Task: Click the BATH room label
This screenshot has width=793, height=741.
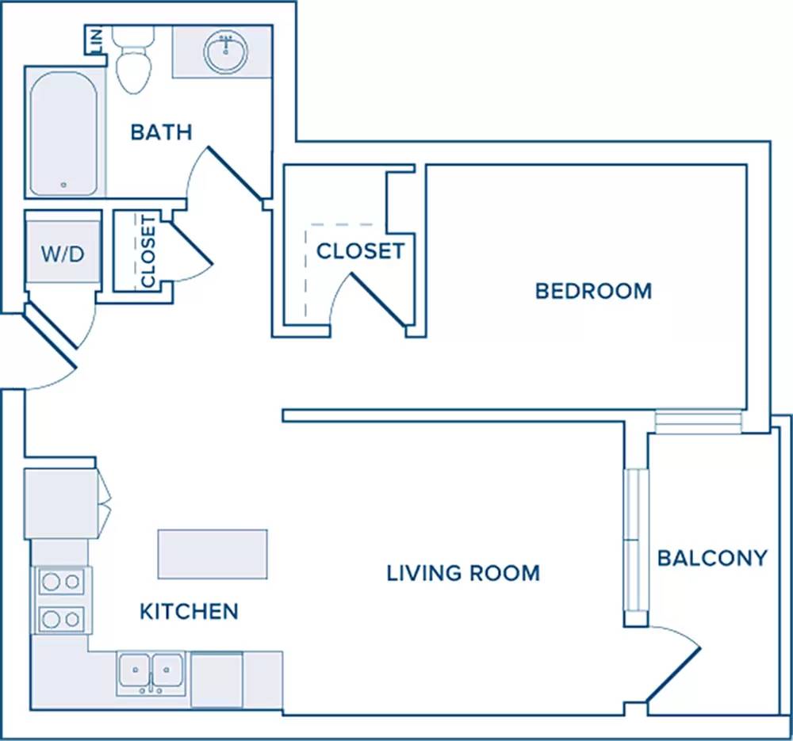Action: coord(161,132)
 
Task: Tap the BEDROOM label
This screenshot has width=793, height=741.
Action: coord(594,291)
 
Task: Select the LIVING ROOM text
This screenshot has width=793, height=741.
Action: coord(463,573)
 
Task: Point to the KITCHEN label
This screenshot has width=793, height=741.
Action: coord(189,612)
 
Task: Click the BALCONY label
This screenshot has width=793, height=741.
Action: coord(712,558)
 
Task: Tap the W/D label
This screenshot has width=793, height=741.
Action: coord(63,254)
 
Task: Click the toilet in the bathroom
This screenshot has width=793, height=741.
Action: coord(133,59)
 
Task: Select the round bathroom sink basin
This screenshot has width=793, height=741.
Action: coord(226,50)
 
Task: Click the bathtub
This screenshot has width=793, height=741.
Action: coord(63,134)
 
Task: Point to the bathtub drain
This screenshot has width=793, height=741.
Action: coord(63,185)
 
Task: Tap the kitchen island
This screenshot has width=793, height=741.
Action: coord(213,554)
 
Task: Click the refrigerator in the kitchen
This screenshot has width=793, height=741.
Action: coord(60,504)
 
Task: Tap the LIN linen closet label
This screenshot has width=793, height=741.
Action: coord(96,40)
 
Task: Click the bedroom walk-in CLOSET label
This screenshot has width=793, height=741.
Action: coord(361,251)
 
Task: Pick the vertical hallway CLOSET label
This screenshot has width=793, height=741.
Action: coord(147,251)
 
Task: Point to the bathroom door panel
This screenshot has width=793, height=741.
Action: coord(236,173)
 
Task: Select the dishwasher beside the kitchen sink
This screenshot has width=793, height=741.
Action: coord(217,680)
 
